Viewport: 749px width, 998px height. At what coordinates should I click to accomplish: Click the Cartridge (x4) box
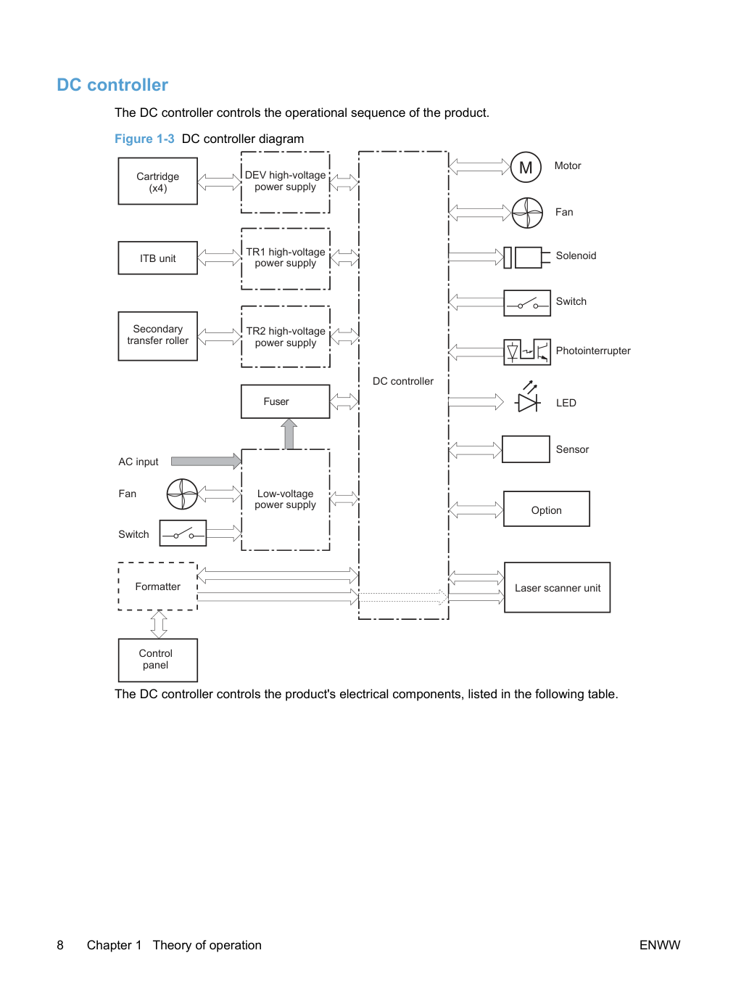click(157, 181)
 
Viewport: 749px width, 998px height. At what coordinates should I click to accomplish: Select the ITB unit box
click(157, 258)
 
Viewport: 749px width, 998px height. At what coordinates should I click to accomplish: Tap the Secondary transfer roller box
click(157, 336)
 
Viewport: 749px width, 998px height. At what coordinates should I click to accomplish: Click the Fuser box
click(285, 401)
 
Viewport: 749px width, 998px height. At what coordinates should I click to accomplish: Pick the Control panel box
click(157, 660)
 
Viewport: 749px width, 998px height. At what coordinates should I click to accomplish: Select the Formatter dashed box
click(157, 586)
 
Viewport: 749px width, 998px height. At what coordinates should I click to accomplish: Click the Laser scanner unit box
click(557, 587)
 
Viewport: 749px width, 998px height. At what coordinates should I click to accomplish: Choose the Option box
click(547, 509)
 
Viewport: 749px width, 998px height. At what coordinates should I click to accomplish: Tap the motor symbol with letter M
click(526, 168)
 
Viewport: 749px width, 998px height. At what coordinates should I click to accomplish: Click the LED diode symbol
click(528, 397)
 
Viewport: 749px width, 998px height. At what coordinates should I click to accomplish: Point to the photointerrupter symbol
click(527, 351)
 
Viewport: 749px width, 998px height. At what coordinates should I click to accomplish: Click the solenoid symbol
click(527, 258)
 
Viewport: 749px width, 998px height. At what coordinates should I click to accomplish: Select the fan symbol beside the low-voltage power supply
click(182, 494)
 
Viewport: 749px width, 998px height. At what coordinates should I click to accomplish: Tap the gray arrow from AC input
click(206, 461)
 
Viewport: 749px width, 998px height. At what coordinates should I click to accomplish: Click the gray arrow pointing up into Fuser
click(289, 434)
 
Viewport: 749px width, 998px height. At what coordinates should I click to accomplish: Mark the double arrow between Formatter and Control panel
click(159, 624)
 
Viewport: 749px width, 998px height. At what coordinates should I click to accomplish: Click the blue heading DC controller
click(112, 85)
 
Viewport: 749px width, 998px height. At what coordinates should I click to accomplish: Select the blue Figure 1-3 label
click(144, 139)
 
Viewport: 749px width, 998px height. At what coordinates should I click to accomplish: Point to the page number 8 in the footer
click(60, 945)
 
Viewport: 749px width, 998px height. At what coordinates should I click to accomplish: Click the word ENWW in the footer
click(660, 945)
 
